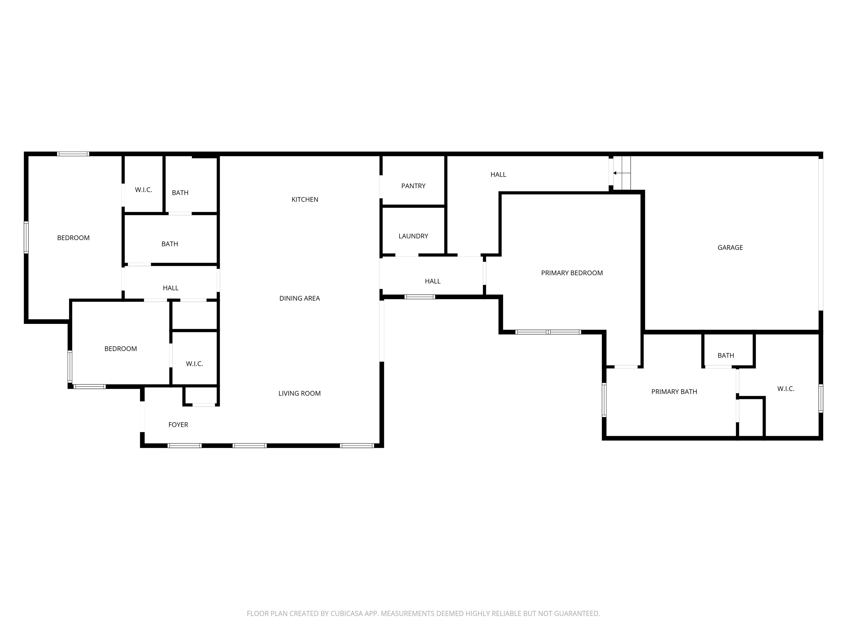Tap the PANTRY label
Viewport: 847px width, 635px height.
point(413,186)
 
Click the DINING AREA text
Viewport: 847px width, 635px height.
point(299,298)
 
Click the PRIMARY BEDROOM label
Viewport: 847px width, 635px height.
point(572,273)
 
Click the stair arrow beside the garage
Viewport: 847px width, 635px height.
point(615,173)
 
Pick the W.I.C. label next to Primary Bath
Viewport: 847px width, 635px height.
point(786,389)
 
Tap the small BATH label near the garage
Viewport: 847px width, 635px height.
point(726,356)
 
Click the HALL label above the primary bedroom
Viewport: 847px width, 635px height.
point(498,174)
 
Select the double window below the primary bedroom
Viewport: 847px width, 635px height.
point(548,332)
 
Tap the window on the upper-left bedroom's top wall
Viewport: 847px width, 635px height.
point(73,154)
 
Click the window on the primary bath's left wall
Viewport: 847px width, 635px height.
point(604,400)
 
